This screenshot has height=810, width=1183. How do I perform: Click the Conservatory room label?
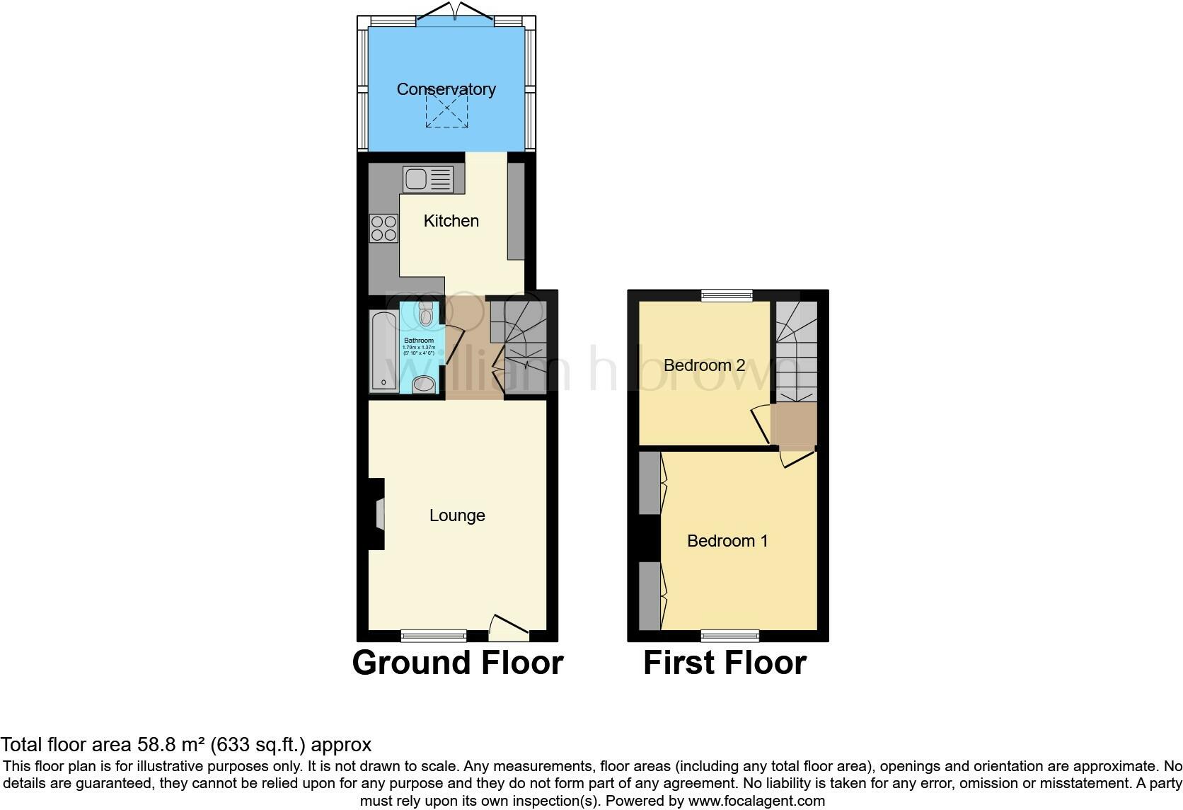pos(446,89)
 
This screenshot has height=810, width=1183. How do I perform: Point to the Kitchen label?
pos(451,221)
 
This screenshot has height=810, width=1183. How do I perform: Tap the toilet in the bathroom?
pos(426,314)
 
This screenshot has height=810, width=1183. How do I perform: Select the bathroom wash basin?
pos(423,383)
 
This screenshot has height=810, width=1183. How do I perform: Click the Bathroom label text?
pos(419,341)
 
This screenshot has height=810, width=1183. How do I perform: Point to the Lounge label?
pos(457,515)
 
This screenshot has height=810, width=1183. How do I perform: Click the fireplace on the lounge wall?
pos(378,514)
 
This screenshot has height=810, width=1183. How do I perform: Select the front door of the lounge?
pos(509,626)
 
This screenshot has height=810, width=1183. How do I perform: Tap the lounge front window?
pos(434,635)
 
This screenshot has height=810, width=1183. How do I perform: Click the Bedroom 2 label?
pos(704,365)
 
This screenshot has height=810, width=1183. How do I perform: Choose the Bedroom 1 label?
pos(727,541)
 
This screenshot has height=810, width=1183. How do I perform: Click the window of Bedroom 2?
pos(727,296)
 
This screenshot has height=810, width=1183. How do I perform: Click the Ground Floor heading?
pos(458,663)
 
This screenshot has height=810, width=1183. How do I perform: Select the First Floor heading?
pos(725,663)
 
